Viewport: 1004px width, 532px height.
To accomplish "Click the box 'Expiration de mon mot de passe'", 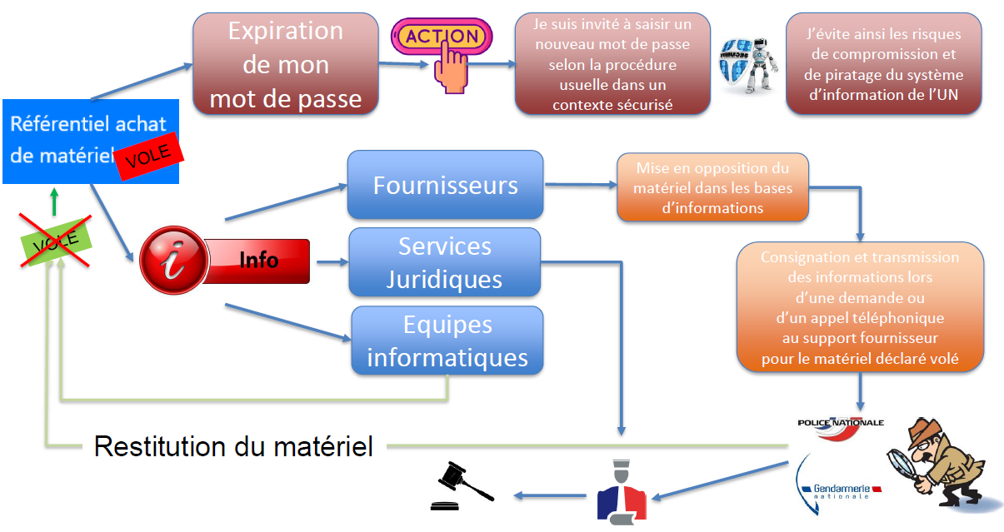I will (x=286, y=65).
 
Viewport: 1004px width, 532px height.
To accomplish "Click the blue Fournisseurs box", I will (x=445, y=185).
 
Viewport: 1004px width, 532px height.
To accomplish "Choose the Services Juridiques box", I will (x=444, y=262).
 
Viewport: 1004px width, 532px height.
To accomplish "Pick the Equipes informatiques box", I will (x=447, y=341).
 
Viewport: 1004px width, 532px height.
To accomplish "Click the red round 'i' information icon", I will (x=172, y=261).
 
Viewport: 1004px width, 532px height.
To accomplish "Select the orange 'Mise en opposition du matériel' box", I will (x=712, y=187).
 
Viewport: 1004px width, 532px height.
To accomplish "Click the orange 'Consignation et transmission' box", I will (x=860, y=308).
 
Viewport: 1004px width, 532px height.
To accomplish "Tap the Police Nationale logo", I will (x=840, y=425).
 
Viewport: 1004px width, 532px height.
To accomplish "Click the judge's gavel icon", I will (x=460, y=486).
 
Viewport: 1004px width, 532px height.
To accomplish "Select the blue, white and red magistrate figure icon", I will (x=621, y=490).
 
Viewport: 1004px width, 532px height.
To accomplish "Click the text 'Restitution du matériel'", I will (x=233, y=446).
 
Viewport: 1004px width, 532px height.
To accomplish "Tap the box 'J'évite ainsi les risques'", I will (x=883, y=64).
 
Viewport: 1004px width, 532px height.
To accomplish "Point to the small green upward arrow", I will (x=55, y=201).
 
